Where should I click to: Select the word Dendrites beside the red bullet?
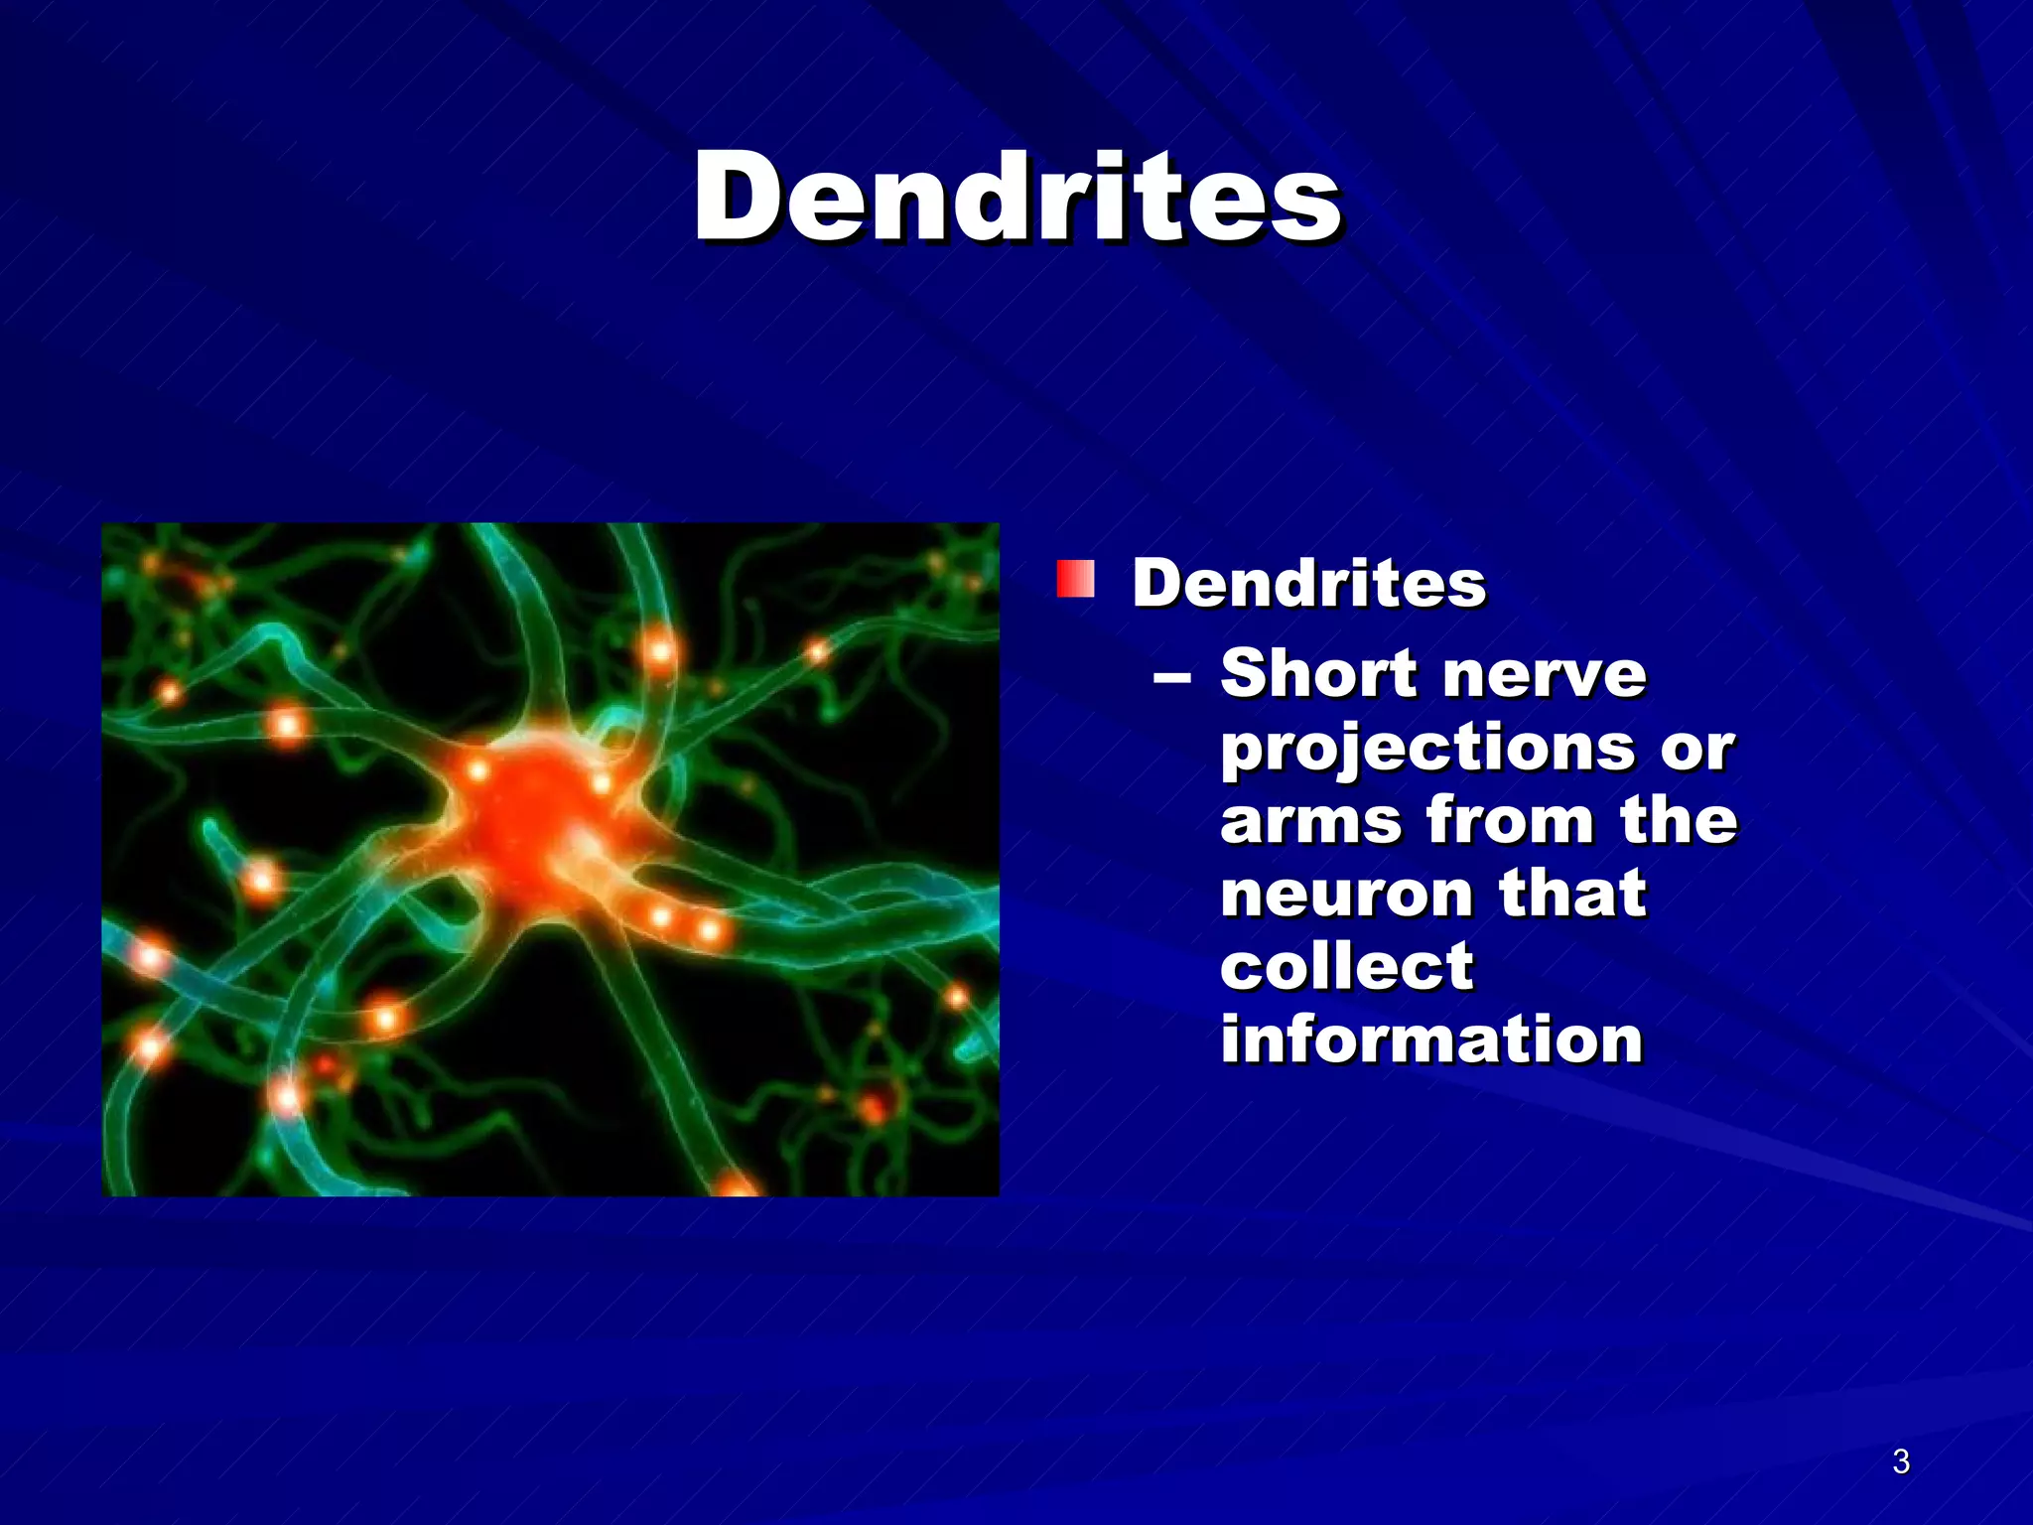point(1308,583)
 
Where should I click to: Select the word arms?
point(1311,822)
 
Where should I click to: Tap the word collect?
point(1346,967)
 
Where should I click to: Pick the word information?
point(1430,1040)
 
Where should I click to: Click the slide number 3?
point(1900,1461)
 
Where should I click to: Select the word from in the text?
point(1508,822)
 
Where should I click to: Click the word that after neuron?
point(1572,895)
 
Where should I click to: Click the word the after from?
point(1678,822)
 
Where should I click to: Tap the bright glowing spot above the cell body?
point(660,652)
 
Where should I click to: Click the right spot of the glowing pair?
point(709,930)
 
